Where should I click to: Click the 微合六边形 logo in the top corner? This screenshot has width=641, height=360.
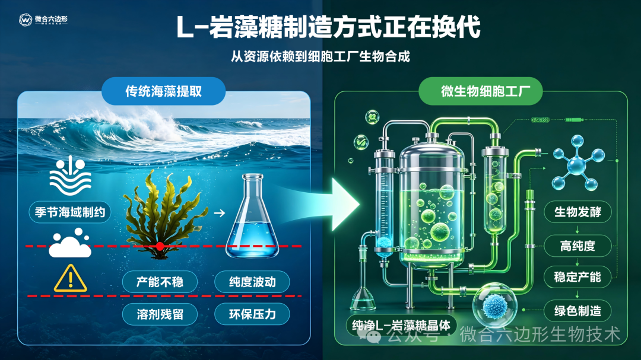[x=43, y=20]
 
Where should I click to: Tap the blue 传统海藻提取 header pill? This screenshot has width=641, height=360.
[x=164, y=91]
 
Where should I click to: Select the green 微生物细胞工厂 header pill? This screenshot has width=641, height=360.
[x=481, y=91]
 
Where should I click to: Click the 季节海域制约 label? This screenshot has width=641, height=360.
[x=70, y=212]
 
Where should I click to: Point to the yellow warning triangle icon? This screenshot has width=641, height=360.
[x=70, y=279]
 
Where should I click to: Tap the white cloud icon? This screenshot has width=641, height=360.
[x=70, y=244]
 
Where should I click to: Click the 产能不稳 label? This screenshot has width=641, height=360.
[x=160, y=282]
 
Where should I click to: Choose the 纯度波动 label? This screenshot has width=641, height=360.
[x=252, y=282]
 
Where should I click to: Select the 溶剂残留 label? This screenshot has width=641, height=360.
[x=160, y=314]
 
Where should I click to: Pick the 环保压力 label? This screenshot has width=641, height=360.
[x=252, y=314]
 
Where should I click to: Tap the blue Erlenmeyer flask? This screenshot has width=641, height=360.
[x=252, y=216]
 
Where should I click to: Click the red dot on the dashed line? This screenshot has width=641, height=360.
[x=160, y=246]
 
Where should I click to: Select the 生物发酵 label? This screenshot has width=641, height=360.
[x=577, y=212]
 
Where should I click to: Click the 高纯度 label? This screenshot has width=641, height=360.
[x=577, y=246]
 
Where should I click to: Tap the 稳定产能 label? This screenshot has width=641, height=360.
[x=577, y=277]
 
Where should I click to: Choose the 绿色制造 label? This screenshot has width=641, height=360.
[x=577, y=311]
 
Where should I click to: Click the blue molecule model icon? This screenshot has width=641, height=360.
[x=578, y=164]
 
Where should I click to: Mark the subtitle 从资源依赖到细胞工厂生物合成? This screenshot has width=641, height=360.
[x=320, y=56]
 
